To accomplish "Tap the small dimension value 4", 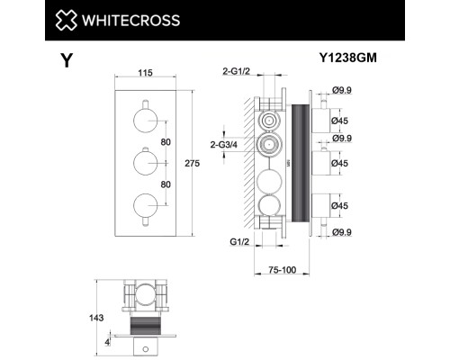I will pyautogui.click(x=107, y=342).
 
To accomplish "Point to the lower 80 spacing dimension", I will pyautogui.click(x=165, y=184).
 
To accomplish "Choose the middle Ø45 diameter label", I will pyautogui.click(x=343, y=163).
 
